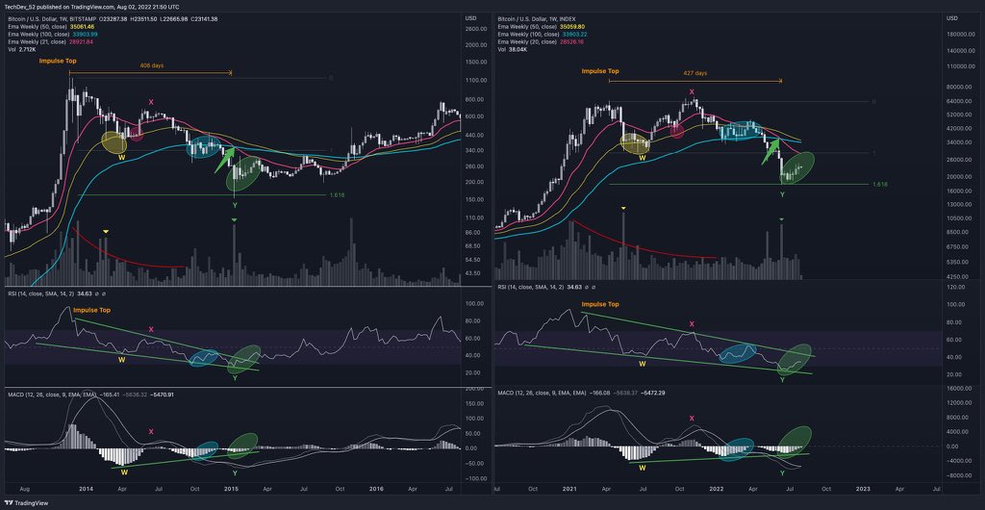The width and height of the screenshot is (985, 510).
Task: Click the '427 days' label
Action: click(695, 73)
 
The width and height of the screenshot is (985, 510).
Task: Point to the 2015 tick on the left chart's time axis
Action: click(232, 488)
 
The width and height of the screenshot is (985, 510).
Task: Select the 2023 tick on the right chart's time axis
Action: click(863, 488)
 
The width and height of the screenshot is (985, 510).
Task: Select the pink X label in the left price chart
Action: click(150, 102)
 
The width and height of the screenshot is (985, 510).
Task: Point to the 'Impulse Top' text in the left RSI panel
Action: click(91, 310)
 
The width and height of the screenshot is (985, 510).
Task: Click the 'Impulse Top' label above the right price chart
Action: click(600, 71)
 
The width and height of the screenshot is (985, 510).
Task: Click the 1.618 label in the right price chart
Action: click(878, 184)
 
